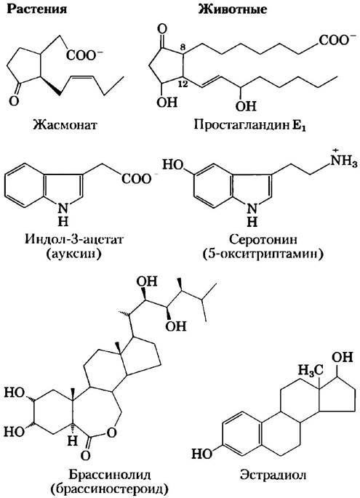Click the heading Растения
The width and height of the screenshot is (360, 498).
tap(37, 9)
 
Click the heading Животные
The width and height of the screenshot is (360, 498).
tap(232, 9)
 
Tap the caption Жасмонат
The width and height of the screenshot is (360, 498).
tap(65, 124)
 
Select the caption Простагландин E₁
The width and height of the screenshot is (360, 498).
tap(249, 125)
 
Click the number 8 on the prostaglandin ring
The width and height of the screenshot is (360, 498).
tap(183, 47)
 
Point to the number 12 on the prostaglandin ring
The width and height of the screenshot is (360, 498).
tap(183, 84)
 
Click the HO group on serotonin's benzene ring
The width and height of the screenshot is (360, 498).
tap(174, 164)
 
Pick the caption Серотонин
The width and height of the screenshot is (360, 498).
tap(263, 239)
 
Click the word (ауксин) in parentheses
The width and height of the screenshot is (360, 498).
tap(73, 254)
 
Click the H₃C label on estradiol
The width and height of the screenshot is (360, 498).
tap(310, 370)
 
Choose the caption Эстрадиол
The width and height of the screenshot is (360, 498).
tap(273, 475)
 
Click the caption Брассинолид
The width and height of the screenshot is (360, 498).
tap(109, 475)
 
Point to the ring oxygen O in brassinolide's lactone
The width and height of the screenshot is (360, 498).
tap(111, 433)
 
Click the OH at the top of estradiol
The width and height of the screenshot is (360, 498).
tap(343, 357)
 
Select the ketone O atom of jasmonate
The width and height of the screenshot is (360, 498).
tap(14, 101)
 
